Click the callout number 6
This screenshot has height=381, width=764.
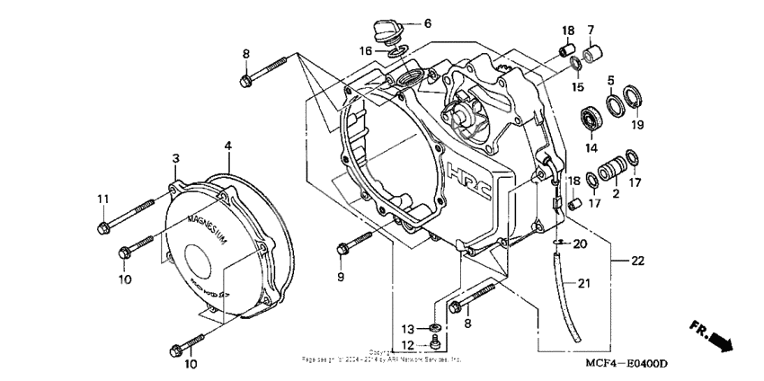(x=428, y=23)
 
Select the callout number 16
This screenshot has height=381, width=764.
(x=366, y=51)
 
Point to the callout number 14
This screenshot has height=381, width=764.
(x=591, y=148)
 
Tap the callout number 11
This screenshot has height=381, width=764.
(x=102, y=198)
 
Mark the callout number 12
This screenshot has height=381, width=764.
(x=408, y=345)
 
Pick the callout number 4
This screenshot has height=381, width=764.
(x=228, y=145)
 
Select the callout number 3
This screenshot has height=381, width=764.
(x=177, y=157)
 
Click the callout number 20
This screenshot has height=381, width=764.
(x=579, y=244)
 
